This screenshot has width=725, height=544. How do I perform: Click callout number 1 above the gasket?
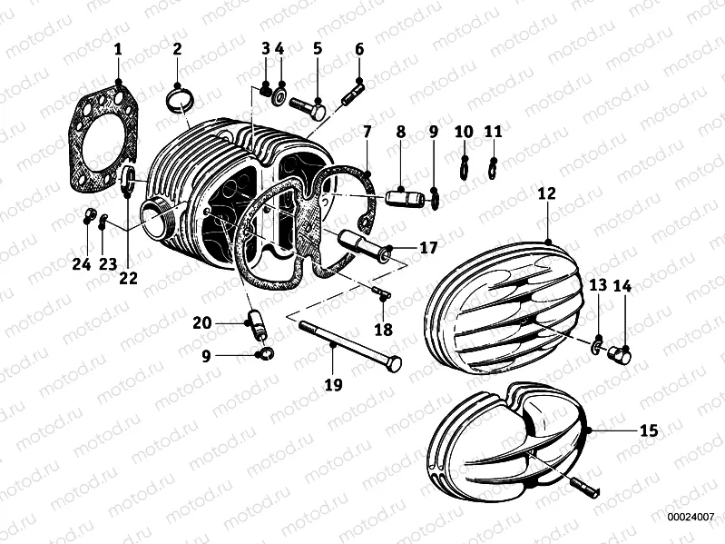point(118,49)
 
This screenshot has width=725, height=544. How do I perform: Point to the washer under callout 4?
point(280,94)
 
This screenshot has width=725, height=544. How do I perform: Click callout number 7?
point(367,133)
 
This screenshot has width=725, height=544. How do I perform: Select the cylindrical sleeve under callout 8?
point(399,196)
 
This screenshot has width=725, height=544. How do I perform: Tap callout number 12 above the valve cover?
point(545,193)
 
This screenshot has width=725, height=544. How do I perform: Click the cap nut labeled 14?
point(621,352)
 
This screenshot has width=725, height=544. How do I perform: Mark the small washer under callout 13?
point(597,345)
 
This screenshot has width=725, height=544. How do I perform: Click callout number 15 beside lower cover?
point(647,430)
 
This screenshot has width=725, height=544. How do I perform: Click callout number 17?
point(427,247)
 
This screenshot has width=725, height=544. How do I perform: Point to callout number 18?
point(383,329)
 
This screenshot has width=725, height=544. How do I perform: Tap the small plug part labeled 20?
point(255,321)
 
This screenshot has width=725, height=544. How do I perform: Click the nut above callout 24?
point(87,216)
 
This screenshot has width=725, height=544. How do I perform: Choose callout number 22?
point(128,278)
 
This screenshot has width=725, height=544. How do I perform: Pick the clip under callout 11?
point(494,168)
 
